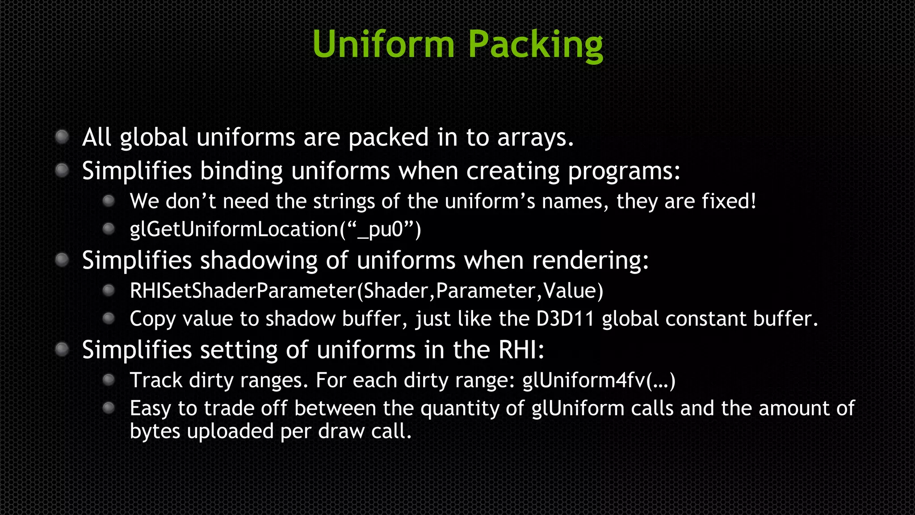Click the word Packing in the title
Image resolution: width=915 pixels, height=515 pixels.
(x=535, y=45)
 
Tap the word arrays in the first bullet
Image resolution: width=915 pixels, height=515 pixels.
(x=535, y=138)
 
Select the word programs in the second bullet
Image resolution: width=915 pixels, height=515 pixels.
(x=624, y=172)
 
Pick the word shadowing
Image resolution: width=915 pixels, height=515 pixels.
(x=259, y=261)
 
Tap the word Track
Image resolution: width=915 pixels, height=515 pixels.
(x=156, y=380)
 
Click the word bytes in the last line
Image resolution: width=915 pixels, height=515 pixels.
(x=155, y=431)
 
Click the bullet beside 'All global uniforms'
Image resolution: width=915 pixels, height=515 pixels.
(x=62, y=136)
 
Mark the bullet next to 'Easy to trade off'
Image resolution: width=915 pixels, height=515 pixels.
(x=109, y=408)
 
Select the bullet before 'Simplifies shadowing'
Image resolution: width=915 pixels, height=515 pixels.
(x=62, y=260)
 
